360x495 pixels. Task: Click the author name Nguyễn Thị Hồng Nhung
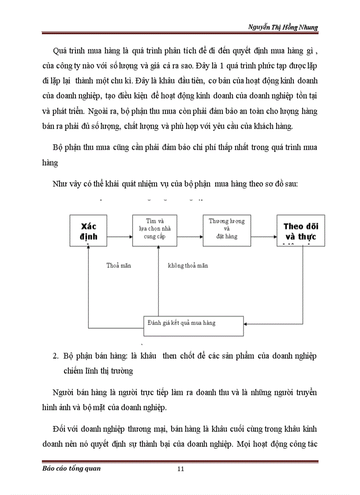(283, 27)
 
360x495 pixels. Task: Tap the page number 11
(180, 469)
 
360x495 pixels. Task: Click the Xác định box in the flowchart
(88, 231)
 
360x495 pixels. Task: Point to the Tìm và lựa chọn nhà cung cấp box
(155, 231)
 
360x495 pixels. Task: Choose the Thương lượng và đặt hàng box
(227, 231)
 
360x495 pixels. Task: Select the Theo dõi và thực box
(301, 231)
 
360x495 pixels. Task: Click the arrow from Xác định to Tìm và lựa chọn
(120, 237)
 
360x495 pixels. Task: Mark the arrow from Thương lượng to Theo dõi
(263, 237)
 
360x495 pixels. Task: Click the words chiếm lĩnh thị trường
(98, 371)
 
